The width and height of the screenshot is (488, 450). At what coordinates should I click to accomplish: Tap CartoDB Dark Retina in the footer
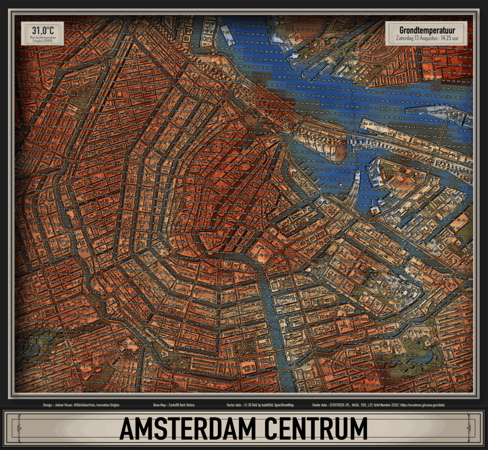tap(180, 404)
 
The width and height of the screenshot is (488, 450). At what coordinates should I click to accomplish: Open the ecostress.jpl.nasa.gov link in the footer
tap(422, 404)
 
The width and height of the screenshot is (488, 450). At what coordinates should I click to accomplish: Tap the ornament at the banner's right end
tap(469, 428)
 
